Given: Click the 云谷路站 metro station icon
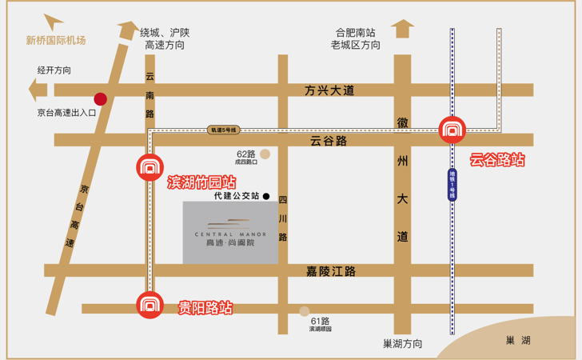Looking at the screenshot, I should coord(452,130).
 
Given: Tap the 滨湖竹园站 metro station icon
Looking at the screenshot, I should coord(148,167).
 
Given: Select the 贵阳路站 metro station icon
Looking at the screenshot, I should coord(148,305).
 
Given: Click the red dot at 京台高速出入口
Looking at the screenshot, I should coord(100,99).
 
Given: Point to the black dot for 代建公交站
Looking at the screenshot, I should coord(266,196).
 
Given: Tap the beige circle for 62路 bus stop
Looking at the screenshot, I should coord(265,154).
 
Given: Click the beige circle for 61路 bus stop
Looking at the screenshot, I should coord(304,312).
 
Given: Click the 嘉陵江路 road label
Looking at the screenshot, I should coord(330,272).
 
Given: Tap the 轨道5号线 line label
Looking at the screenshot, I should coord(223,129).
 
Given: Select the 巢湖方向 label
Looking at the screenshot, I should coord(402,344).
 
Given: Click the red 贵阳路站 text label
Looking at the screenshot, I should coord(205,307).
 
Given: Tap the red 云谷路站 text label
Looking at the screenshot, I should coord(497,160).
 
